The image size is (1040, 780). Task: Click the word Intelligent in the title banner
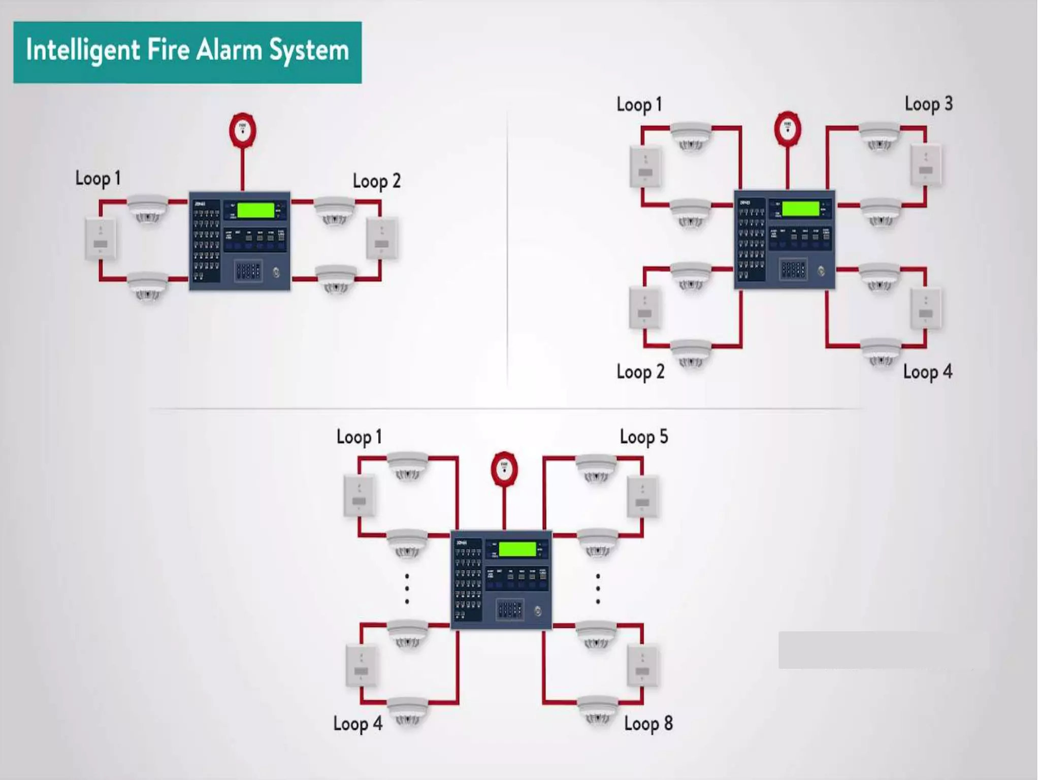coord(83,51)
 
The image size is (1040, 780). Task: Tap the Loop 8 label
coord(648,723)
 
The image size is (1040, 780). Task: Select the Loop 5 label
coord(643,437)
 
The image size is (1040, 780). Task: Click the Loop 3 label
coord(928,105)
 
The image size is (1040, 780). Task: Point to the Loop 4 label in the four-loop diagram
coord(927,372)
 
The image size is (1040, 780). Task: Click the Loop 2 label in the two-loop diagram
coord(376,181)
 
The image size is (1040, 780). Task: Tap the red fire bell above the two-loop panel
coord(242,131)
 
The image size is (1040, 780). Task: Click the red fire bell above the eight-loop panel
coord(504,469)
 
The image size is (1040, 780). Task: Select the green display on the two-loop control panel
coord(255,210)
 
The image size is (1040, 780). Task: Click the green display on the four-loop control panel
coord(800,209)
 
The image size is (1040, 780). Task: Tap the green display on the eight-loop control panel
coord(517,549)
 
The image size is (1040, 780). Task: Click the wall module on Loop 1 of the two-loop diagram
coord(100,239)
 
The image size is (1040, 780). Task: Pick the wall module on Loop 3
coord(926,165)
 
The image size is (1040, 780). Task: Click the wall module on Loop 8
coord(642,666)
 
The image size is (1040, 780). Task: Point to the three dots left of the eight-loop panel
coord(407,589)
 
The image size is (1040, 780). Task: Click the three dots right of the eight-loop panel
coord(598,589)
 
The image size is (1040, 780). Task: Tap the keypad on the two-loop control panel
coord(248,271)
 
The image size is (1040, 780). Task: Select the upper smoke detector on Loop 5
coord(596,467)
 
